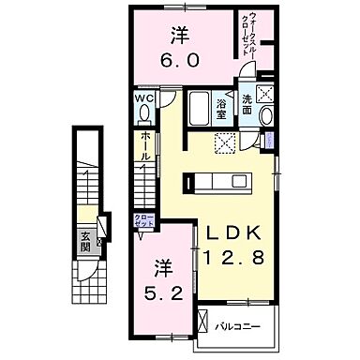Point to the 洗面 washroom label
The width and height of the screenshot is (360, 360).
(247, 105)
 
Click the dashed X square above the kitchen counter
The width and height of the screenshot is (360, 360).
(226, 143)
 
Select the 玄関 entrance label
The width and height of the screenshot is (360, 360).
(84, 241)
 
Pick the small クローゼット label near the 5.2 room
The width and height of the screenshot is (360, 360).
(143, 221)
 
